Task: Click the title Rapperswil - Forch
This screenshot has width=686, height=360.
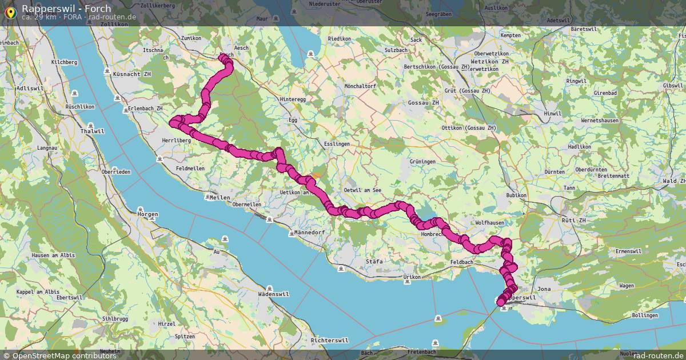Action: tap(66, 9)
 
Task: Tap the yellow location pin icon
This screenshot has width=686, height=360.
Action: tap(10, 11)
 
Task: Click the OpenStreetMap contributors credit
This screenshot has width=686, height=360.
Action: tap(64, 355)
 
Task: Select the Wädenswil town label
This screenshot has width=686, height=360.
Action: tap(273, 294)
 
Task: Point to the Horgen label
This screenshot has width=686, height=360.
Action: tap(148, 214)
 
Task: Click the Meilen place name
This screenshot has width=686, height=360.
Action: tap(220, 198)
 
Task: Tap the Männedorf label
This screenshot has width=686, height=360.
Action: tap(309, 233)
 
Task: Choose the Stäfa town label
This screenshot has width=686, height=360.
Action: tap(374, 261)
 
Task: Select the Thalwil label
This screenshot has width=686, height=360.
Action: tap(93, 131)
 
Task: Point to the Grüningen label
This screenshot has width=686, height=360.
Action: tap(422, 162)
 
